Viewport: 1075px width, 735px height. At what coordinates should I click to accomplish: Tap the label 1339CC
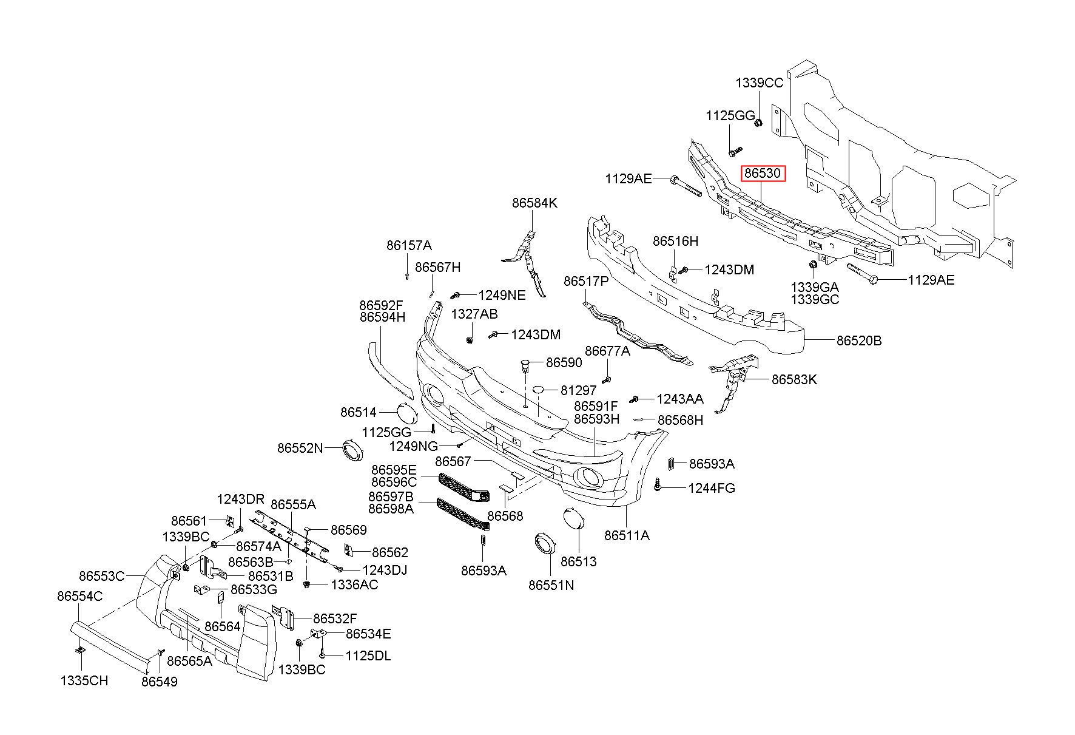coord(759,83)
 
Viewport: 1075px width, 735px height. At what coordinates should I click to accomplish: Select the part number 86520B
coord(859,340)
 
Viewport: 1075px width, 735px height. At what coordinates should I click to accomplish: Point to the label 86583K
coord(794,379)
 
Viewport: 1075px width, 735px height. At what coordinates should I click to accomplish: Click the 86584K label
coord(534,203)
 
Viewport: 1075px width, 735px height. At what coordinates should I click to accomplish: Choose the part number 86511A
coord(627,535)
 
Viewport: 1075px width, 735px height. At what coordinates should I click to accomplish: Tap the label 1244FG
coord(711,487)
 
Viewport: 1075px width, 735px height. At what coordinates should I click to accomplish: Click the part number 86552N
coord(300,448)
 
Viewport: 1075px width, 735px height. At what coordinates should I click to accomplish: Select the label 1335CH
coord(84,680)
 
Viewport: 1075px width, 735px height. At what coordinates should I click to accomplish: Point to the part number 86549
coord(160,682)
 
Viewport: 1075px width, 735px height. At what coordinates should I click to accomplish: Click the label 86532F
coord(335,618)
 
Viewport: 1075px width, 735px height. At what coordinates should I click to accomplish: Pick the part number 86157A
coord(409,245)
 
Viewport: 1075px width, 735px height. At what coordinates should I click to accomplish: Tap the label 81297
coord(578,390)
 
